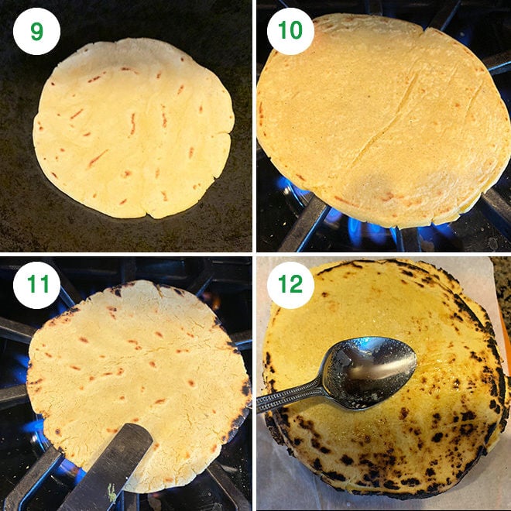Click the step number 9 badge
pyautogui.click(x=36, y=31)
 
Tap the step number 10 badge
pyautogui.click(x=290, y=31)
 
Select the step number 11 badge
pyautogui.click(x=36, y=286)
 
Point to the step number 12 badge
pyautogui.click(x=290, y=286)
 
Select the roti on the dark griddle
pyautogui.click(x=133, y=128)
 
